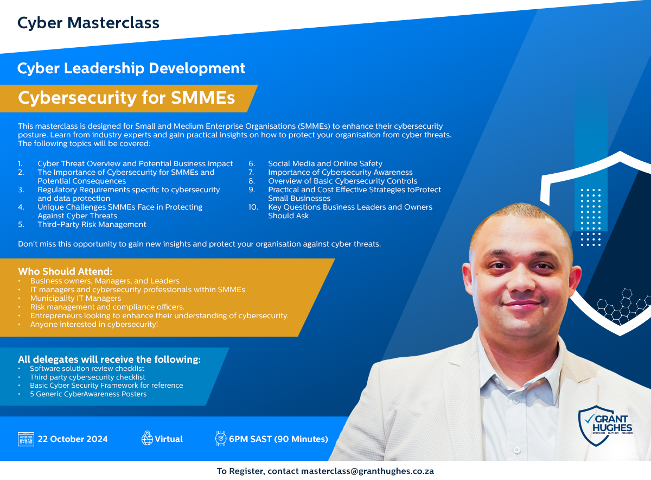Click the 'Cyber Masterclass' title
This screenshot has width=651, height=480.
88,23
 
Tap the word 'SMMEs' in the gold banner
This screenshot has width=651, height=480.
203,97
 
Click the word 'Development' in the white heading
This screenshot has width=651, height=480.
197,68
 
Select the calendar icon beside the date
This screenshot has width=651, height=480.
26,439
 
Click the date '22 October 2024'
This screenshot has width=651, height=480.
73,439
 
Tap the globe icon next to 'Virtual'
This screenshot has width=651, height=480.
147,438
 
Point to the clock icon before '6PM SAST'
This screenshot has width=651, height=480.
221,438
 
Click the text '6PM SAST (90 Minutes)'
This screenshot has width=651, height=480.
278,439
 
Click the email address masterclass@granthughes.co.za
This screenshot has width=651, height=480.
367,471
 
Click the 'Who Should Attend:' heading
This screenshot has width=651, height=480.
65,271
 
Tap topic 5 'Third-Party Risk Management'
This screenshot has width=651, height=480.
92,224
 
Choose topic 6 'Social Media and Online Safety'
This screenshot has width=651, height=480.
325,163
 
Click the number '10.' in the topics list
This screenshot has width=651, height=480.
253,207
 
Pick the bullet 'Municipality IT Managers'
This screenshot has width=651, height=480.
75,298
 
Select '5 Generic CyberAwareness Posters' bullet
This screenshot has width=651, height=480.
88,394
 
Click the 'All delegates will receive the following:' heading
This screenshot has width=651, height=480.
109,359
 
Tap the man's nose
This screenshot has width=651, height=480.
522,281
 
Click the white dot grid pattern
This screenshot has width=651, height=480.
591,217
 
